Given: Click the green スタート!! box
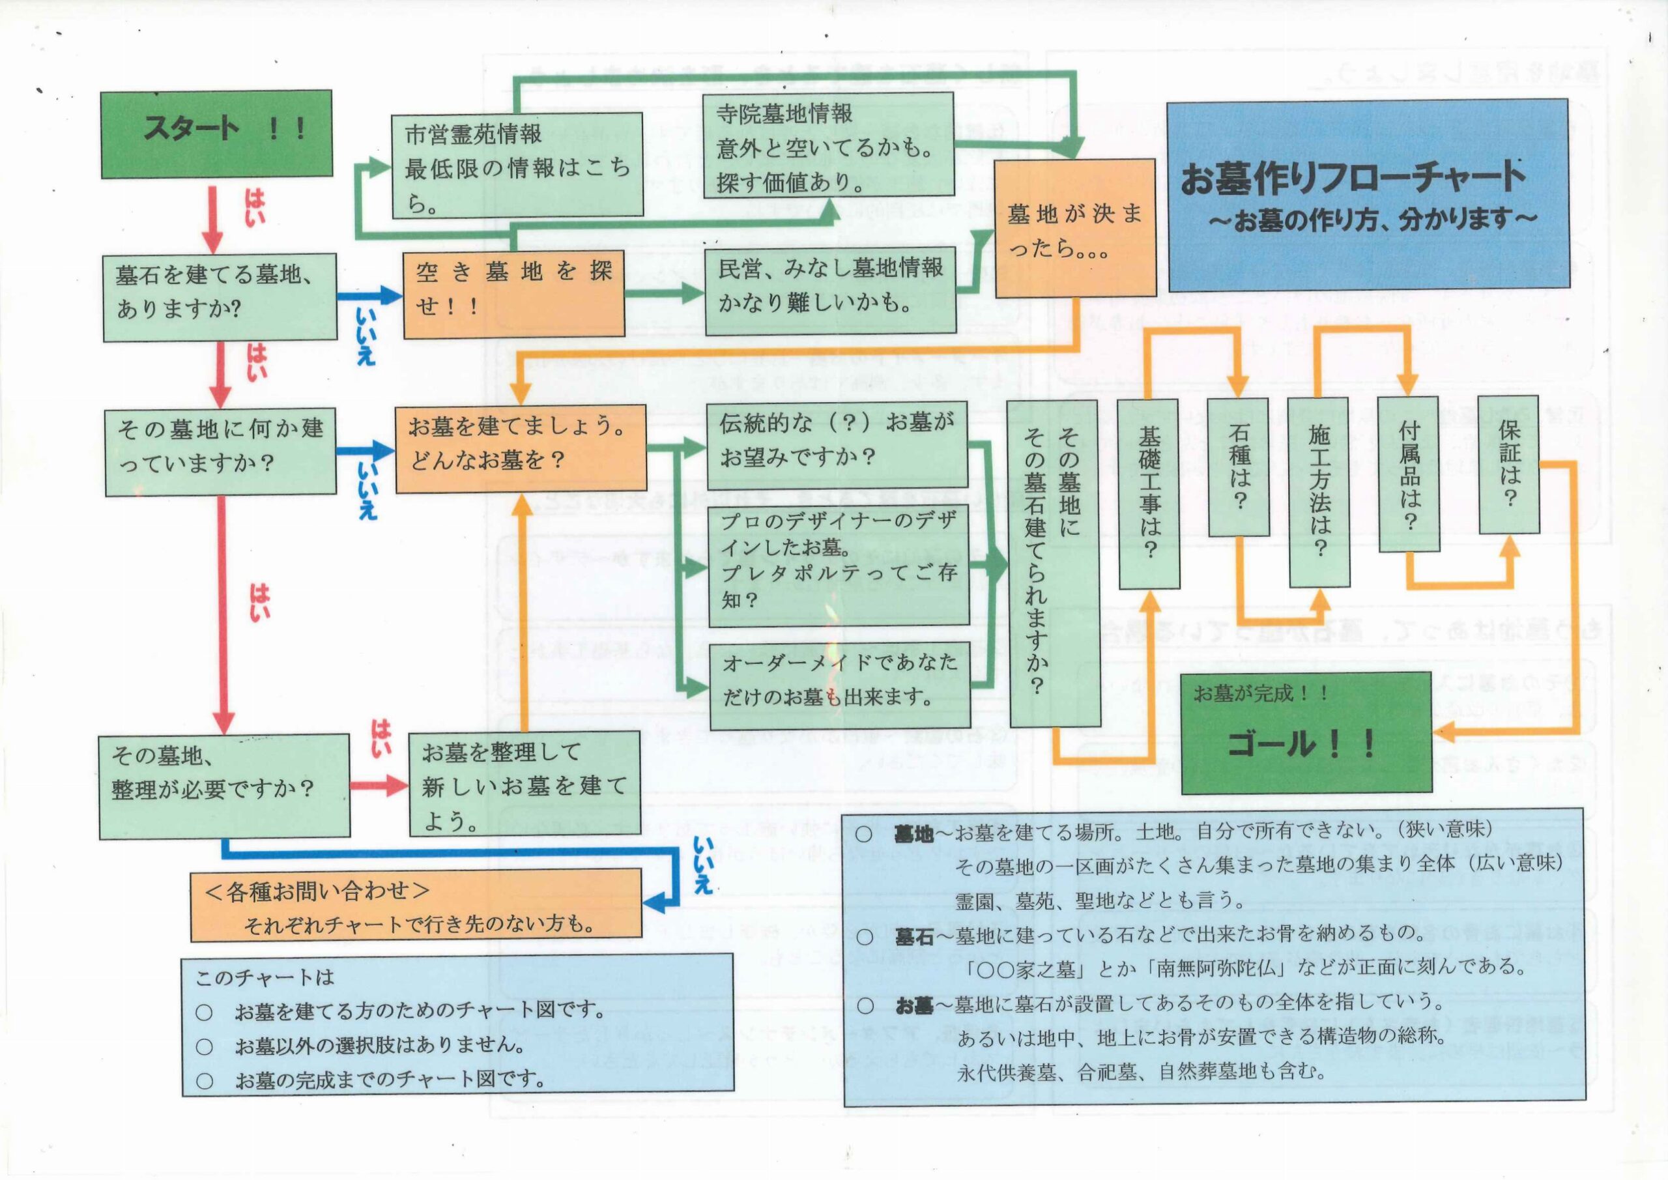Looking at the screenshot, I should (x=216, y=134).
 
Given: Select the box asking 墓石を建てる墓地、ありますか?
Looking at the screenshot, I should (x=220, y=297).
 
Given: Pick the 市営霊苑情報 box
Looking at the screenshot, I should (x=517, y=165).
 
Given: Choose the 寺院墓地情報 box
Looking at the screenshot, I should (x=828, y=145).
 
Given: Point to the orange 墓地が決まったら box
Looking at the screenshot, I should (x=1074, y=228).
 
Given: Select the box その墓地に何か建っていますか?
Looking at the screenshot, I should (x=220, y=452).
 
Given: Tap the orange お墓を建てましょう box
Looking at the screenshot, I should (x=520, y=448).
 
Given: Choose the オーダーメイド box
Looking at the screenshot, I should (x=840, y=685).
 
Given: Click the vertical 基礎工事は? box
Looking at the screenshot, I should (x=1149, y=493).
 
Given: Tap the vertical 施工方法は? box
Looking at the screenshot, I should (x=1319, y=492).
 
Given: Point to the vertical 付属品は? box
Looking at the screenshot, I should (x=1408, y=473).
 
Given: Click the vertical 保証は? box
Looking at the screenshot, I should (x=1509, y=465).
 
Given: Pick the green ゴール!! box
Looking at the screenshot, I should (x=1306, y=732).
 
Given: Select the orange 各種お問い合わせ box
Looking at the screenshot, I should (x=416, y=904).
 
